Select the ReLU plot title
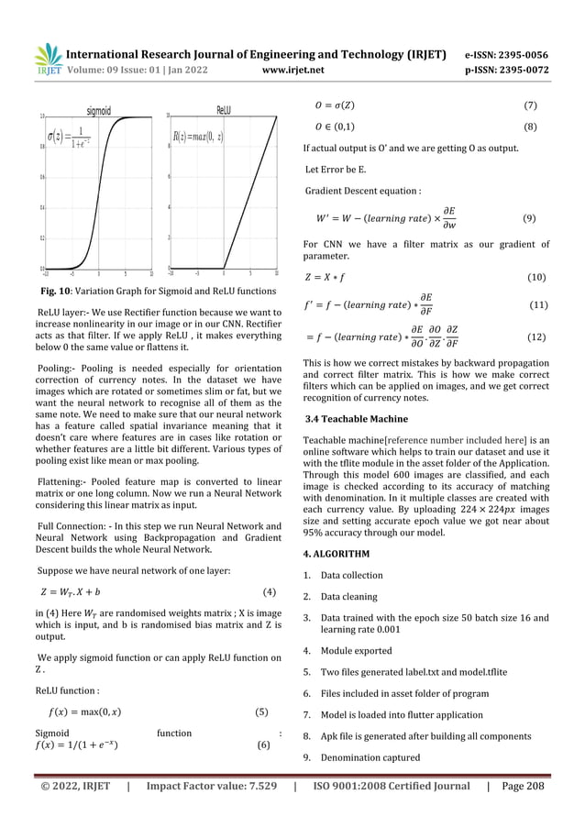[x=224, y=109]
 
